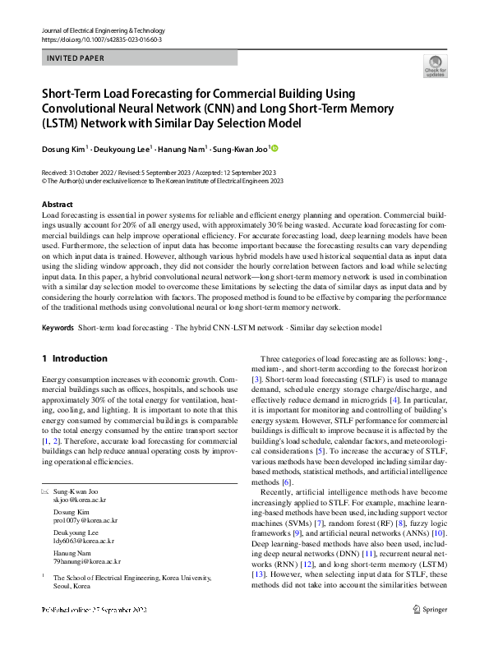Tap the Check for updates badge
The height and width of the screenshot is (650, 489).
coord(435,67)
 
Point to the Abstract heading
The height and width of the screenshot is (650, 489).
coord(57,204)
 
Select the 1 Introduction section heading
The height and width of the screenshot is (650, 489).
coord(74,358)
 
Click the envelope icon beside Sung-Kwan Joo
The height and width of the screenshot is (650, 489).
coord(45,491)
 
